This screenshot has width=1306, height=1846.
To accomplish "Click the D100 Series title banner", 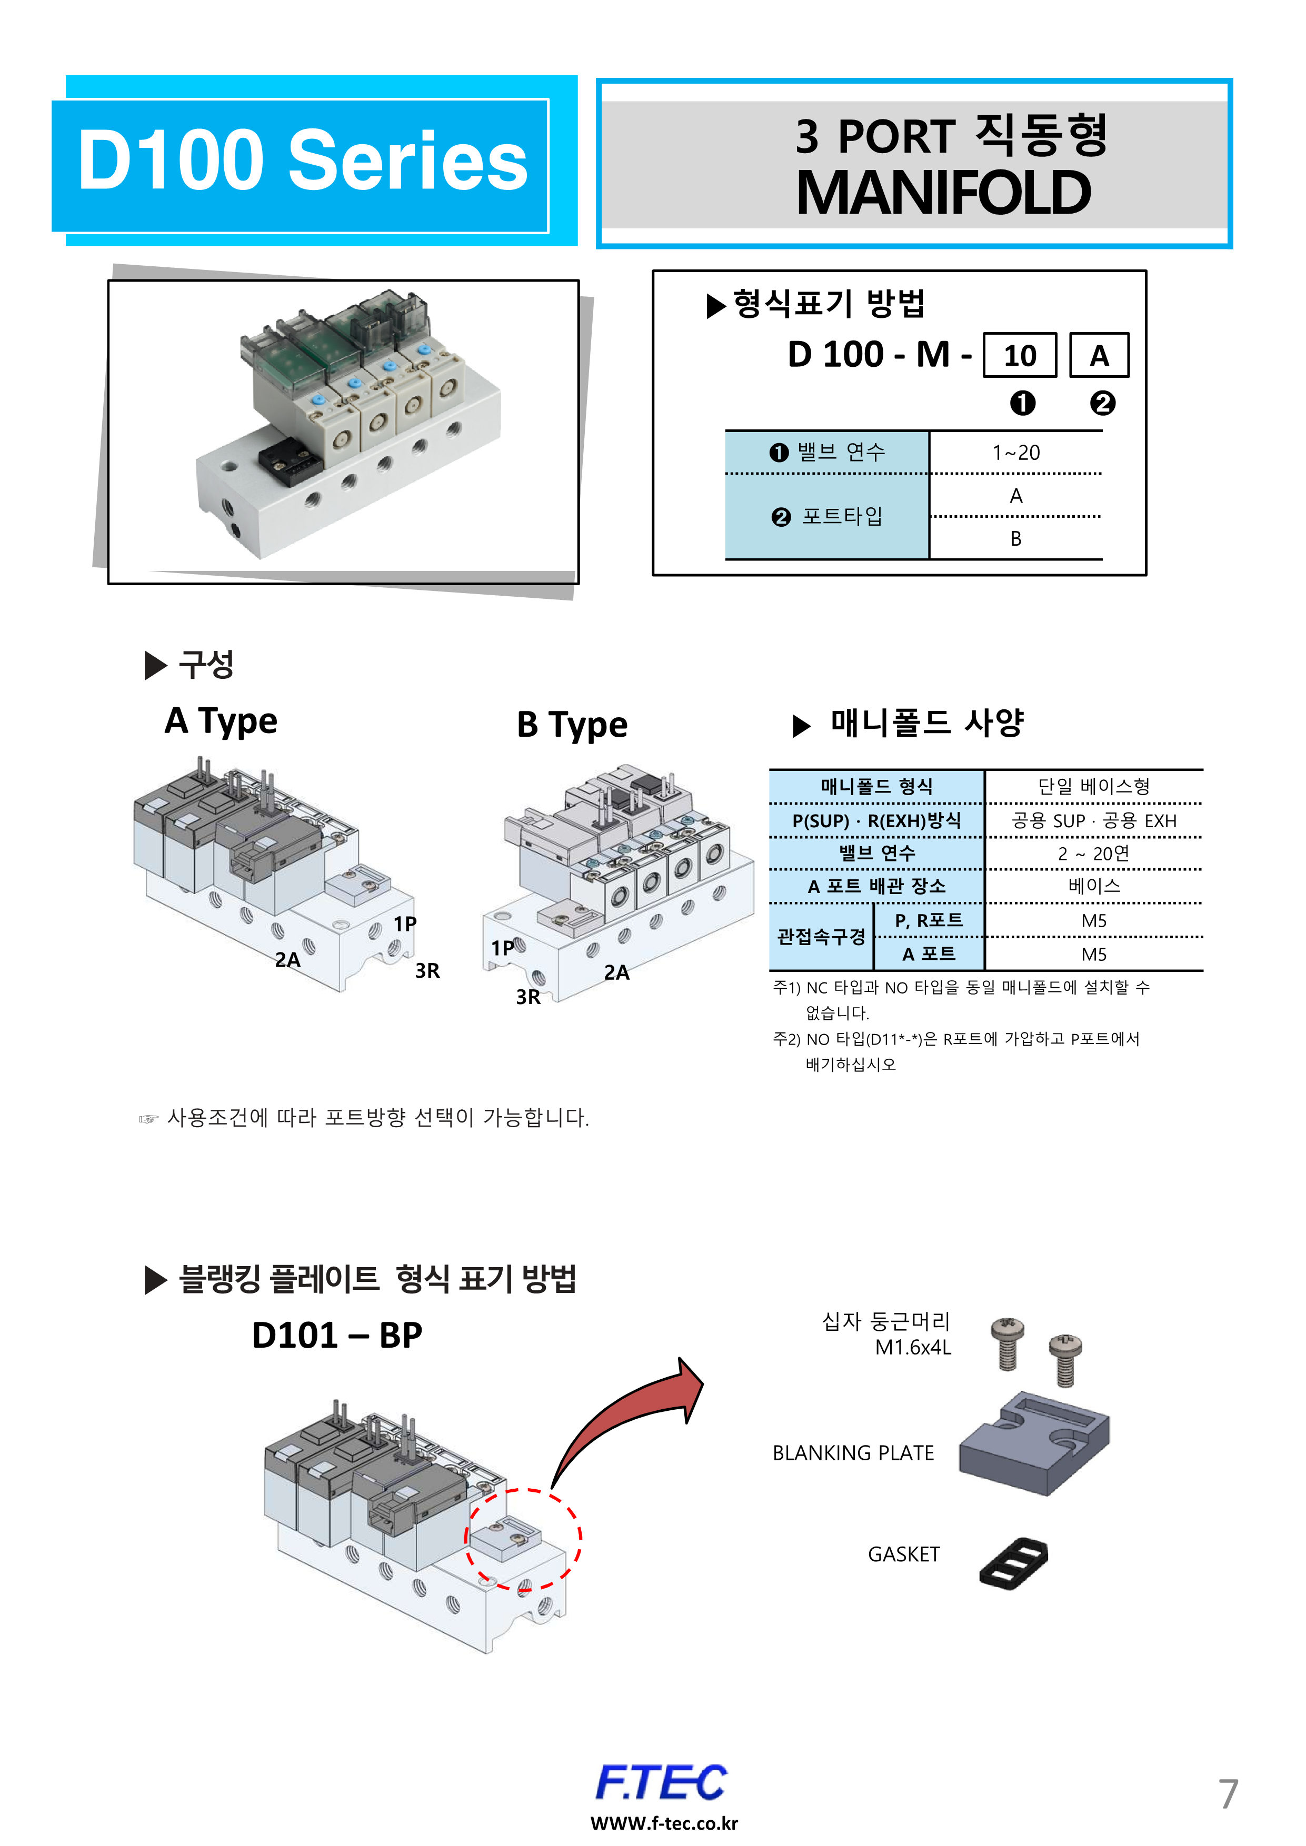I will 302,162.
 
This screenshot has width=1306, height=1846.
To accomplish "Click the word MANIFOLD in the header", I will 943,194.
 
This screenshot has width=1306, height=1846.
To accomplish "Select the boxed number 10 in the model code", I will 1020,355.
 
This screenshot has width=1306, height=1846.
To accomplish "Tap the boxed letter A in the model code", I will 1099,355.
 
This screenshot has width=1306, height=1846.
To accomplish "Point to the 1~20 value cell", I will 1015,453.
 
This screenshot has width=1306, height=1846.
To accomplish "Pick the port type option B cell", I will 1015,539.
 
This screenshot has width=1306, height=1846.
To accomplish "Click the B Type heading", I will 572,725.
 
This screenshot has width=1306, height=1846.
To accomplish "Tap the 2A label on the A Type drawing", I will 287,960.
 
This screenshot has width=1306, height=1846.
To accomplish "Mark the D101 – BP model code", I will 337,1336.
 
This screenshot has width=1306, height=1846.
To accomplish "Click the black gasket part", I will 1014,1563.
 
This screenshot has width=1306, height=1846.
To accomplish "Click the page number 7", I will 1227,1794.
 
